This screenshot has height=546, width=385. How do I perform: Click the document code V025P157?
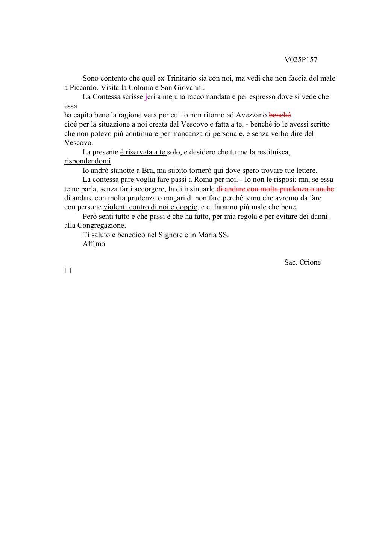pos(301,60)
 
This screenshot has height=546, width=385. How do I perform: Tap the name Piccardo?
pos(83,88)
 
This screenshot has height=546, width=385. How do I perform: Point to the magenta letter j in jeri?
pos(146,97)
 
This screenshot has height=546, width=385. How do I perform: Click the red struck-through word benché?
pos(280,115)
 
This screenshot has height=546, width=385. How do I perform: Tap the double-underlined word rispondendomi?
pos(88,162)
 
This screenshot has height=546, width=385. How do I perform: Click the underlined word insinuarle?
pos(199,189)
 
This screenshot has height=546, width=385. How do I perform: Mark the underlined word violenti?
pos(115,207)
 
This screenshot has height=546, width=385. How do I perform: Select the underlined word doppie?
pos(187,207)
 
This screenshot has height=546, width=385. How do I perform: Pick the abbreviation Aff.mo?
pos(94,244)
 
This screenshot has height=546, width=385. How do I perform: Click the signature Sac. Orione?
pos(302,262)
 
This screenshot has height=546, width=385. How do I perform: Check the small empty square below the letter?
pos(68,271)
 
